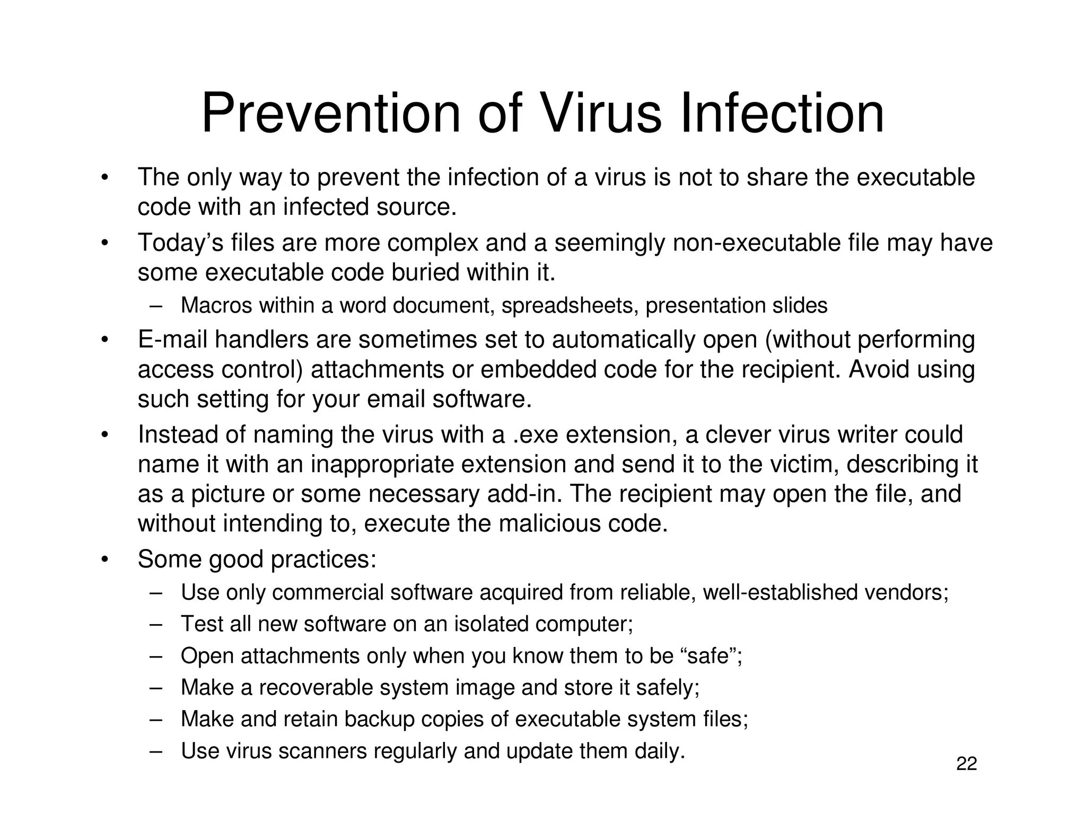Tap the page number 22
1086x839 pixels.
pos(966,764)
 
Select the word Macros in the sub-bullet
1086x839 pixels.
pos(216,305)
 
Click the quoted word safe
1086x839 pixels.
pos(711,656)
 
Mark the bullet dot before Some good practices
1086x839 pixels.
pos(105,560)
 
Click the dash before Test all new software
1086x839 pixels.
pos(155,624)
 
